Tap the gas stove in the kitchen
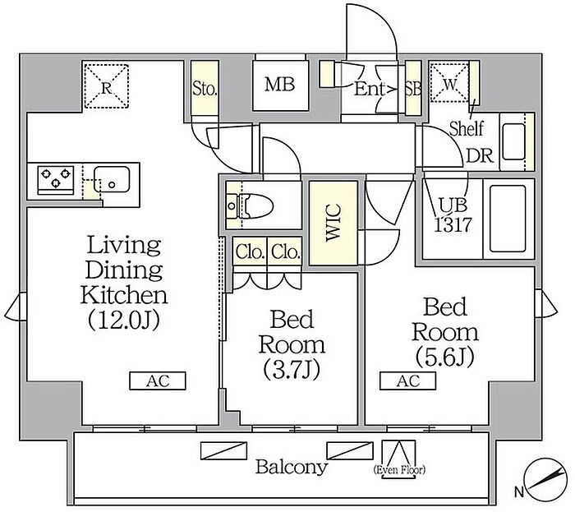56,180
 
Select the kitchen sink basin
112,179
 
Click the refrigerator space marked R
106,86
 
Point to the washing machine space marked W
449,83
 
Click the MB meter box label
279,85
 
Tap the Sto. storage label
205,89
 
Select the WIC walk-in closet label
333,223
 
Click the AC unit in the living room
158,381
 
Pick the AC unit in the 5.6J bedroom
407,381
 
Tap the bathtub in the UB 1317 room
508,219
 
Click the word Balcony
292,468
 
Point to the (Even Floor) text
399,470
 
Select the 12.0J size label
124,321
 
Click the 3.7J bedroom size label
292,369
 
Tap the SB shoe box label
413,89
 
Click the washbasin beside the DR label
513,141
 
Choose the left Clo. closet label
251,252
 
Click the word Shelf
467,128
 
